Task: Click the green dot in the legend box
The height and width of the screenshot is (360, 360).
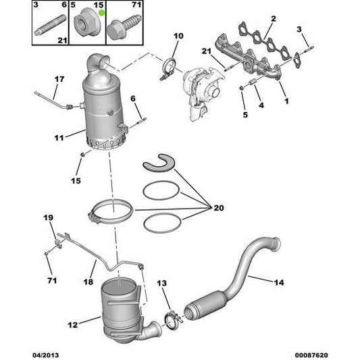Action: [x=103, y=13]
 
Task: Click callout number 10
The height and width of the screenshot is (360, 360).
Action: [x=178, y=36]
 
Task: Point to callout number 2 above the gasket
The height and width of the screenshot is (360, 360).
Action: [x=273, y=18]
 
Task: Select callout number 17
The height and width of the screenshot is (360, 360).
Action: [x=59, y=80]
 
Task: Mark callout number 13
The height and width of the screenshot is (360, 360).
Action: [x=162, y=284]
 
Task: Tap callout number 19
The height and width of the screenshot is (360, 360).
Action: [x=48, y=218]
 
